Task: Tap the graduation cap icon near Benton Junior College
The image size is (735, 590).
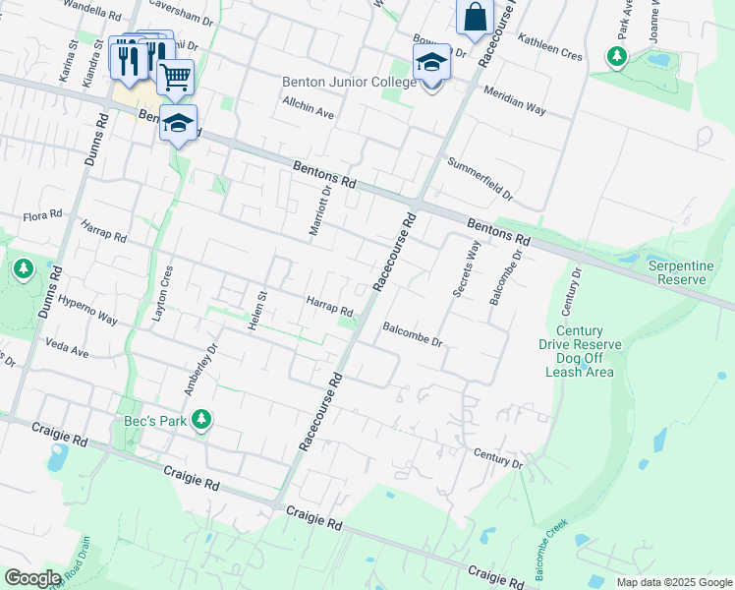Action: coord(430,63)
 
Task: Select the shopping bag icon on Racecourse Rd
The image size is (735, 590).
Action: coord(475,17)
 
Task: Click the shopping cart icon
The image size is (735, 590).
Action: coord(175,76)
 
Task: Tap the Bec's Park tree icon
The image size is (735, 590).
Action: coord(201,420)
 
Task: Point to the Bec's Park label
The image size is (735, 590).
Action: coord(154,421)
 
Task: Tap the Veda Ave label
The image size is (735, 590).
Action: coord(67,347)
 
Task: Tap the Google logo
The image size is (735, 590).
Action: coord(33,578)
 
